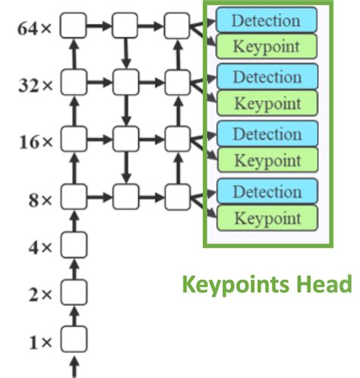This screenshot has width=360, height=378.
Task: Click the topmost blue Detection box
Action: click(267, 19)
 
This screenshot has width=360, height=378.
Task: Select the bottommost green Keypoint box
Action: click(267, 218)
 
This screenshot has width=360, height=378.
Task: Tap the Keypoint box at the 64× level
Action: click(267, 46)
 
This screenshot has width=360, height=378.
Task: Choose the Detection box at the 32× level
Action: click(267, 77)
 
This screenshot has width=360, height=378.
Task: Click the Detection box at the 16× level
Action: click(267, 134)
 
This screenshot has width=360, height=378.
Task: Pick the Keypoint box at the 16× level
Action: click(267, 160)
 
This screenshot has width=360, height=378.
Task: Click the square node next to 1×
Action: click(74, 339)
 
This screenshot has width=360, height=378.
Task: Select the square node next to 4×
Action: click(74, 244)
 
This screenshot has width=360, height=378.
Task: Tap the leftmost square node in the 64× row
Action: click(74, 27)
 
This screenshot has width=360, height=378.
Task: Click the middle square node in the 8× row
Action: click(125, 197)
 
